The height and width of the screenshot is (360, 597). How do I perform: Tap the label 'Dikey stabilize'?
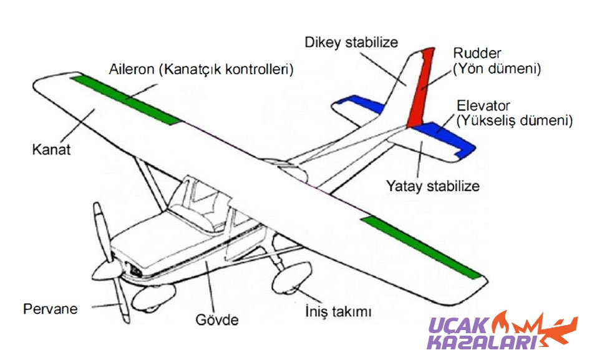(x=351, y=43)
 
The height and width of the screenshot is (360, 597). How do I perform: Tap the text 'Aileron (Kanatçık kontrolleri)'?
(x=201, y=69)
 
